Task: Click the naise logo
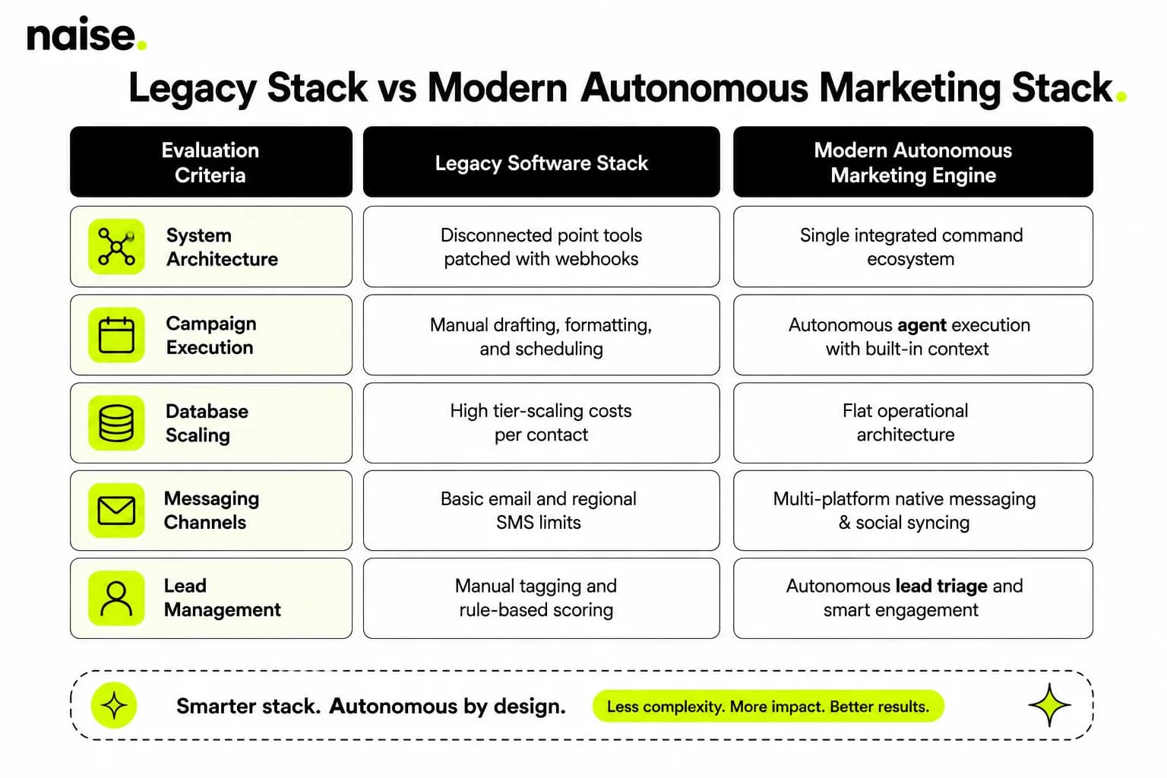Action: coord(87,34)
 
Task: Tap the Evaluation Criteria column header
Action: coord(211,162)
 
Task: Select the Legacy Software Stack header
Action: coord(541,162)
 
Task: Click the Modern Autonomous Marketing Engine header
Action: coord(912,162)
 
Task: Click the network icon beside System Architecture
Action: coord(116,246)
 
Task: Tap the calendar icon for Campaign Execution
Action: coord(116,334)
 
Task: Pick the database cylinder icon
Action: coord(116,422)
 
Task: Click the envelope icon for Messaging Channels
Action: coord(116,510)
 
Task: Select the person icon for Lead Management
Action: coord(116,598)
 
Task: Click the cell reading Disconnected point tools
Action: coord(541,246)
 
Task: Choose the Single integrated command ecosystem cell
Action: coord(912,246)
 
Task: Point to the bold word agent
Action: coord(922,325)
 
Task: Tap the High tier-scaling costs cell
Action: coord(541,422)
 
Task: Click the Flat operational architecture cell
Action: coord(912,422)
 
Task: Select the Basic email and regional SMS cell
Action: coord(541,510)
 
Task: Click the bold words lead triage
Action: coord(941,587)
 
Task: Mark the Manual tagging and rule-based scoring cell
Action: coord(541,598)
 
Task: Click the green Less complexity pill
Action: coord(768,706)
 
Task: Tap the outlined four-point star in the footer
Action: coord(1049,705)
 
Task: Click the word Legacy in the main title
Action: coord(192,88)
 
